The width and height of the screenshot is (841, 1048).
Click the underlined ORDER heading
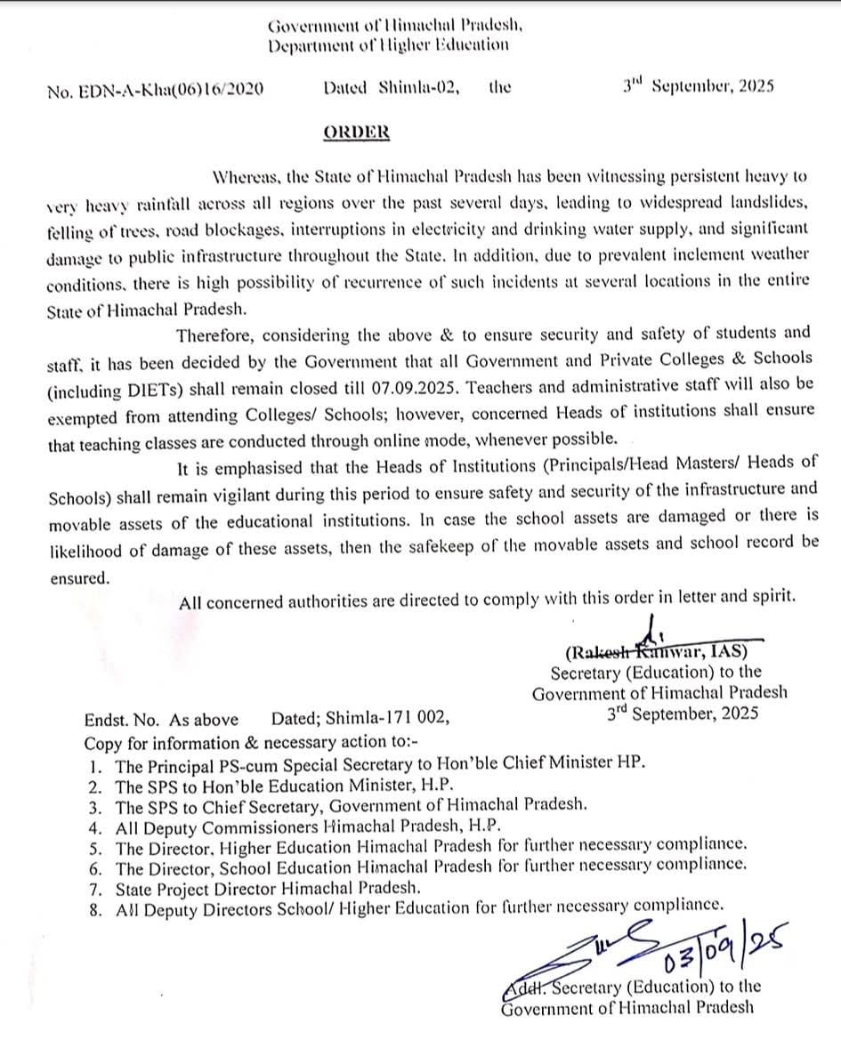pyautogui.click(x=356, y=132)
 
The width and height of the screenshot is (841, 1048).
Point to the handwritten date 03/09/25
pyautogui.click(x=712, y=948)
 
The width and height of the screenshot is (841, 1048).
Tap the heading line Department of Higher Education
pyautogui.click(x=389, y=45)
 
